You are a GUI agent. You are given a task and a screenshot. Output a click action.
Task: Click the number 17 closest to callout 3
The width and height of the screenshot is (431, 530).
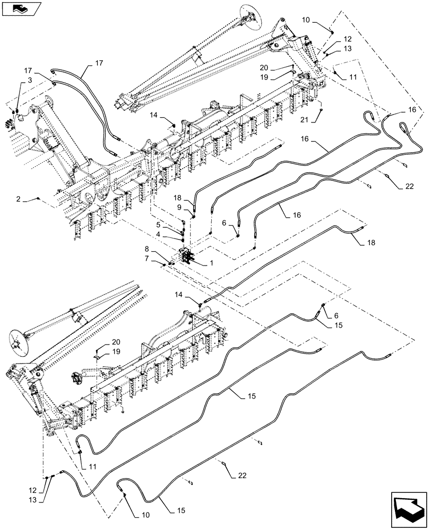27,70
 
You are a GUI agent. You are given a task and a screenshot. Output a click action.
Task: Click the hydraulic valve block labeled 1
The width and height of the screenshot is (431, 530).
186,257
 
